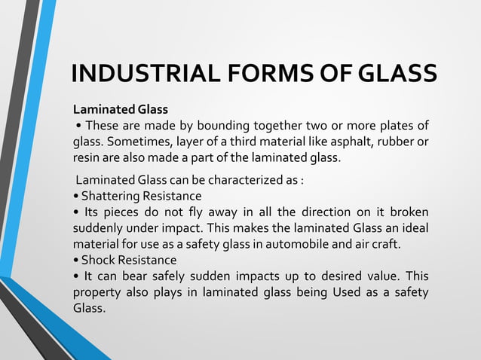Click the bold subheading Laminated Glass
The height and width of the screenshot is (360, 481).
click(x=120, y=109)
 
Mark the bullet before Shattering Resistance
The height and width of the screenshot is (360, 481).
click(x=75, y=197)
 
